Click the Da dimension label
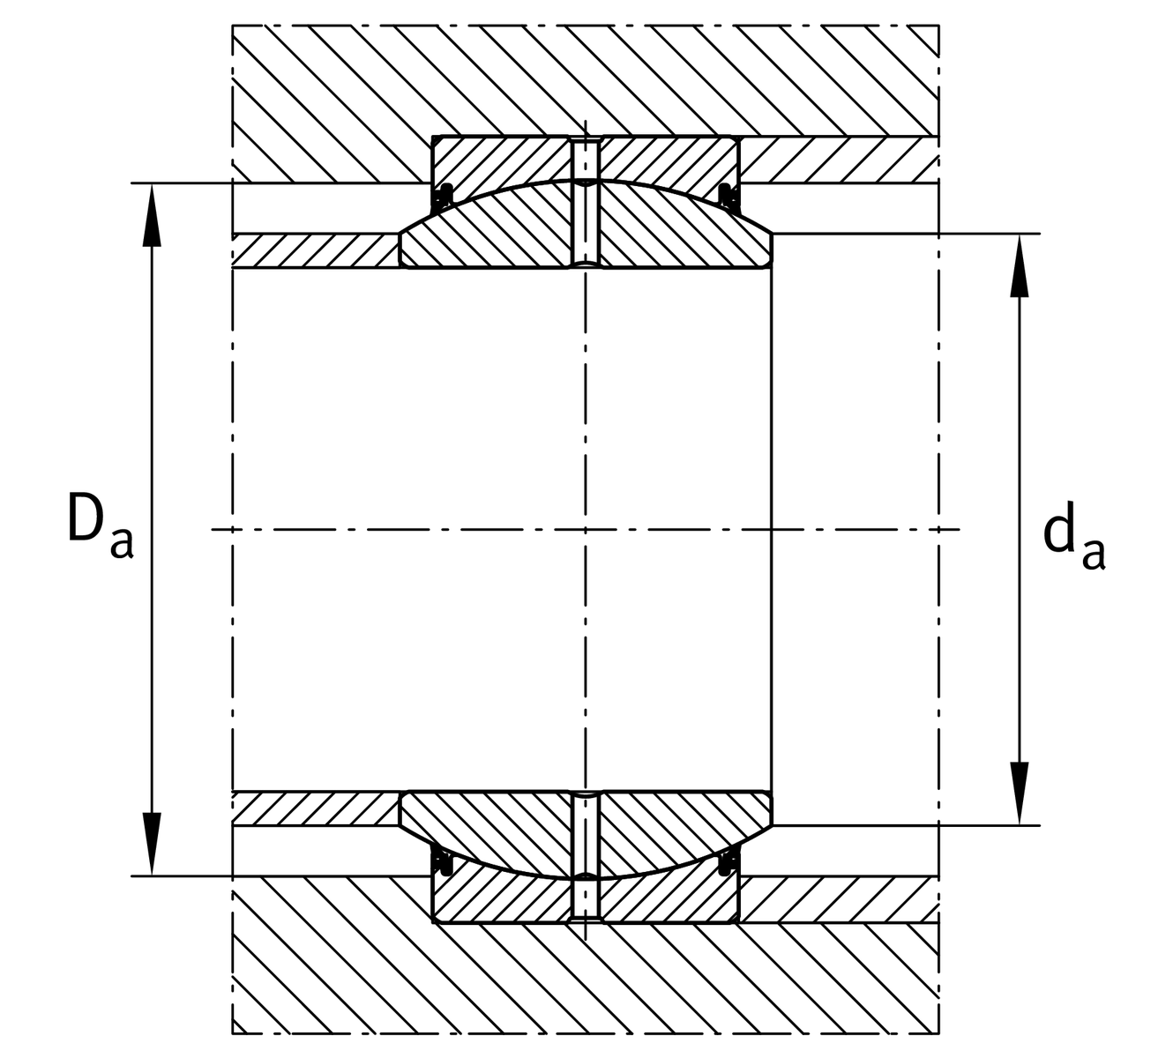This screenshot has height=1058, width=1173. click(x=101, y=526)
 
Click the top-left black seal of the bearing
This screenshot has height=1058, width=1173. click(x=444, y=197)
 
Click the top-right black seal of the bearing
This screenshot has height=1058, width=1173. click(x=728, y=197)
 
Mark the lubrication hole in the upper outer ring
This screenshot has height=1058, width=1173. click(x=586, y=159)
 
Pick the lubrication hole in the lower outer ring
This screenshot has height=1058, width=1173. click(x=586, y=900)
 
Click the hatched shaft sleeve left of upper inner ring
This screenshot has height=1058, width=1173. click(x=316, y=251)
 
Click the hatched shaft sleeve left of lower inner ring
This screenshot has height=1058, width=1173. click(x=316, y=808)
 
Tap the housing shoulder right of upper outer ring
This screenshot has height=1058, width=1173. click(x=839, y=160)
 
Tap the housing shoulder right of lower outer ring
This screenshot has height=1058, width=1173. click(x=839, y=899)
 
